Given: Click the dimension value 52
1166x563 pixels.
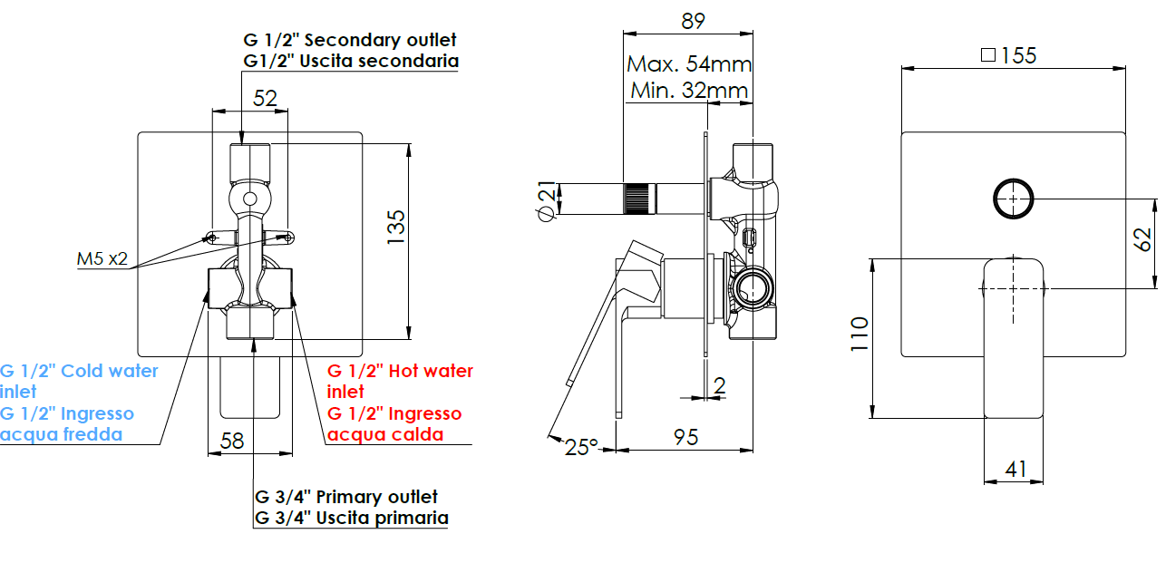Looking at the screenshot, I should (x=265, y=98).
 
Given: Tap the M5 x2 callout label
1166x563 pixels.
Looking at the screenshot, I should (x=102, y=260).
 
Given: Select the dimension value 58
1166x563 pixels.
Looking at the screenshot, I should (x=232, y=442).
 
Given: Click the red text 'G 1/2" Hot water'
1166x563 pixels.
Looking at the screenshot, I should (x=400, y=371).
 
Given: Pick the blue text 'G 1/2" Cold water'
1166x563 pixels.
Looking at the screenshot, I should (x=79, y=371).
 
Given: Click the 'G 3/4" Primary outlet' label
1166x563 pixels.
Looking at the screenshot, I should (x=346, y=497).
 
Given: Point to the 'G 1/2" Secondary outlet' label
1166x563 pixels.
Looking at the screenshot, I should (x=350, y=40).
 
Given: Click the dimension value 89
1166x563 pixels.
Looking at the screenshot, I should (x=692, y=21).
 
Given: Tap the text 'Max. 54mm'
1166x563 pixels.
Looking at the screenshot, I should (x=689, y=64).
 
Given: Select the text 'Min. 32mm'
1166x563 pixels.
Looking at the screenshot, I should (x=689, y=90).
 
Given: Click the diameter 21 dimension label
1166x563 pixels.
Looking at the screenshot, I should (x=546, y=200).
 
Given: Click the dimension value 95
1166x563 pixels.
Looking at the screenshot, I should (x=686, y=437).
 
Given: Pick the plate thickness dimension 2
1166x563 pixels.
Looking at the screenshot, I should (x=719, y=386).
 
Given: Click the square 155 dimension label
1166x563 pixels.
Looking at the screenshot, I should (x=1008, y=55).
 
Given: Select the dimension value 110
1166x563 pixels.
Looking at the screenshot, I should (x=860, y=335).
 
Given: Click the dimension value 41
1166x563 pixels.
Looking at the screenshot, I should (x=1015, y=469).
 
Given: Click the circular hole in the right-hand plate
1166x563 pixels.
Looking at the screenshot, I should (x=1014, y=199).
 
